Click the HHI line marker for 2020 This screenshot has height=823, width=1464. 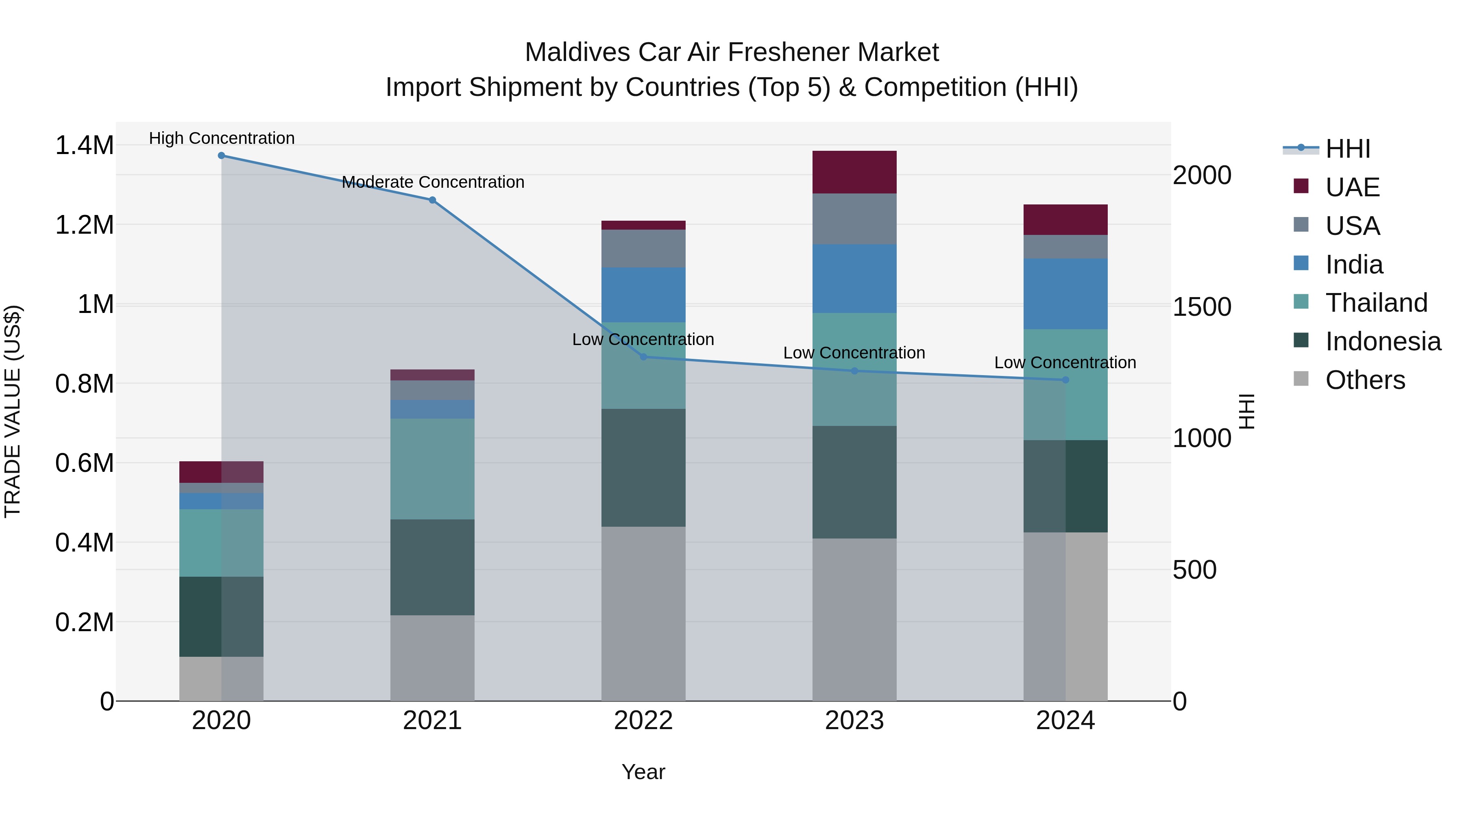tap(221, 156)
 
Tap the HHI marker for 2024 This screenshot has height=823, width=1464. tap(1065, 380)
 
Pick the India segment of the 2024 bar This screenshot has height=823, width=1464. tap(1065, 294)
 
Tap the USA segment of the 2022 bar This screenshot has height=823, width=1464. tap(643, 248)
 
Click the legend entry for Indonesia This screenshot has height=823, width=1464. tap(1383, 341)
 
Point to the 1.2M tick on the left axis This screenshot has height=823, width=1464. tap(84, 225)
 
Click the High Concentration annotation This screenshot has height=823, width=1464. tap(222, 138)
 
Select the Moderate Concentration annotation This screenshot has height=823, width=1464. tap(433, 182)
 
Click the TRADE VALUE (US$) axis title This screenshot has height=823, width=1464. tap(13, 411)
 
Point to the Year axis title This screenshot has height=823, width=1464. tap(643, 772)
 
